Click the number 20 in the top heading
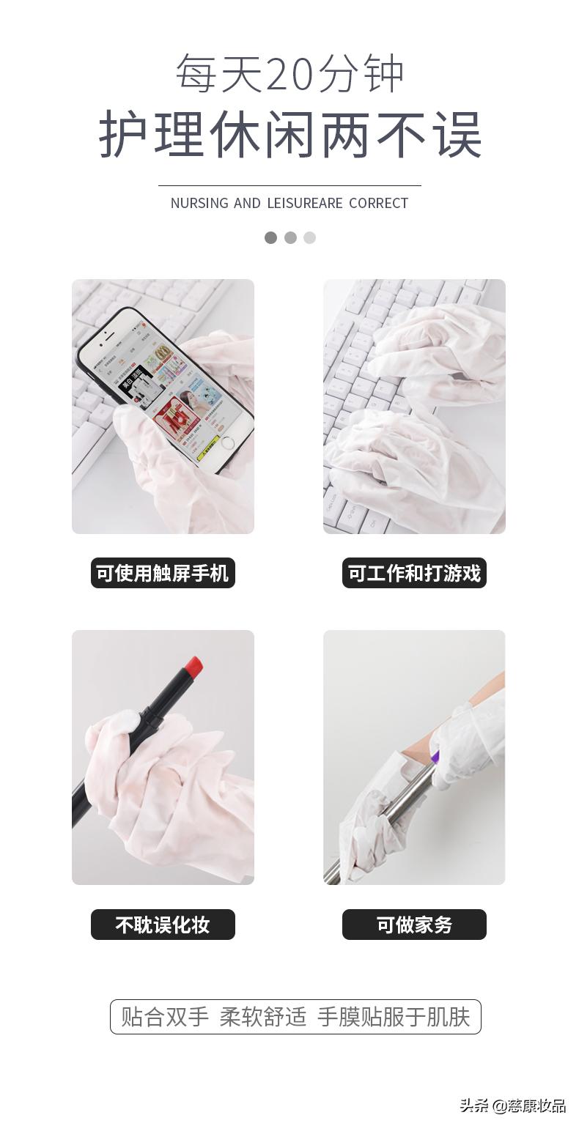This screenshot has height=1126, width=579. pos(290,75)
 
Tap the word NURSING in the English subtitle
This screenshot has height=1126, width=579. pos(199,203)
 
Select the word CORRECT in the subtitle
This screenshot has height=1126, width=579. pos(378,203)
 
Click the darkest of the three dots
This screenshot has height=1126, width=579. pos(271,237)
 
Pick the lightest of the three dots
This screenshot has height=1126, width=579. pos(310,237)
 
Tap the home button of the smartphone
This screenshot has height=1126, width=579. pos(228,442)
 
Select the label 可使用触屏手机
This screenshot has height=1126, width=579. pos(163,573)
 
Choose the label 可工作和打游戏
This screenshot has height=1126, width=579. pos(414,573)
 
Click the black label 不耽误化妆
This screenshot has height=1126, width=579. pos(163,925)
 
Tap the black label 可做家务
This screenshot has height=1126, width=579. pos(414,925)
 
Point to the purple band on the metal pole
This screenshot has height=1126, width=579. pos(435,758)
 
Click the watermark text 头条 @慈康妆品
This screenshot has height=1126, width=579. pos(512,1105)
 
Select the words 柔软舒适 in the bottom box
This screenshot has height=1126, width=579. pos(263,1017)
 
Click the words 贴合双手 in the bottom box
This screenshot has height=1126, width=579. pos(165,1017)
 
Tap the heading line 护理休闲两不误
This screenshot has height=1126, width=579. pos(290,135)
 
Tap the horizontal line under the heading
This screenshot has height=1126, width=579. pos(289,186)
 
